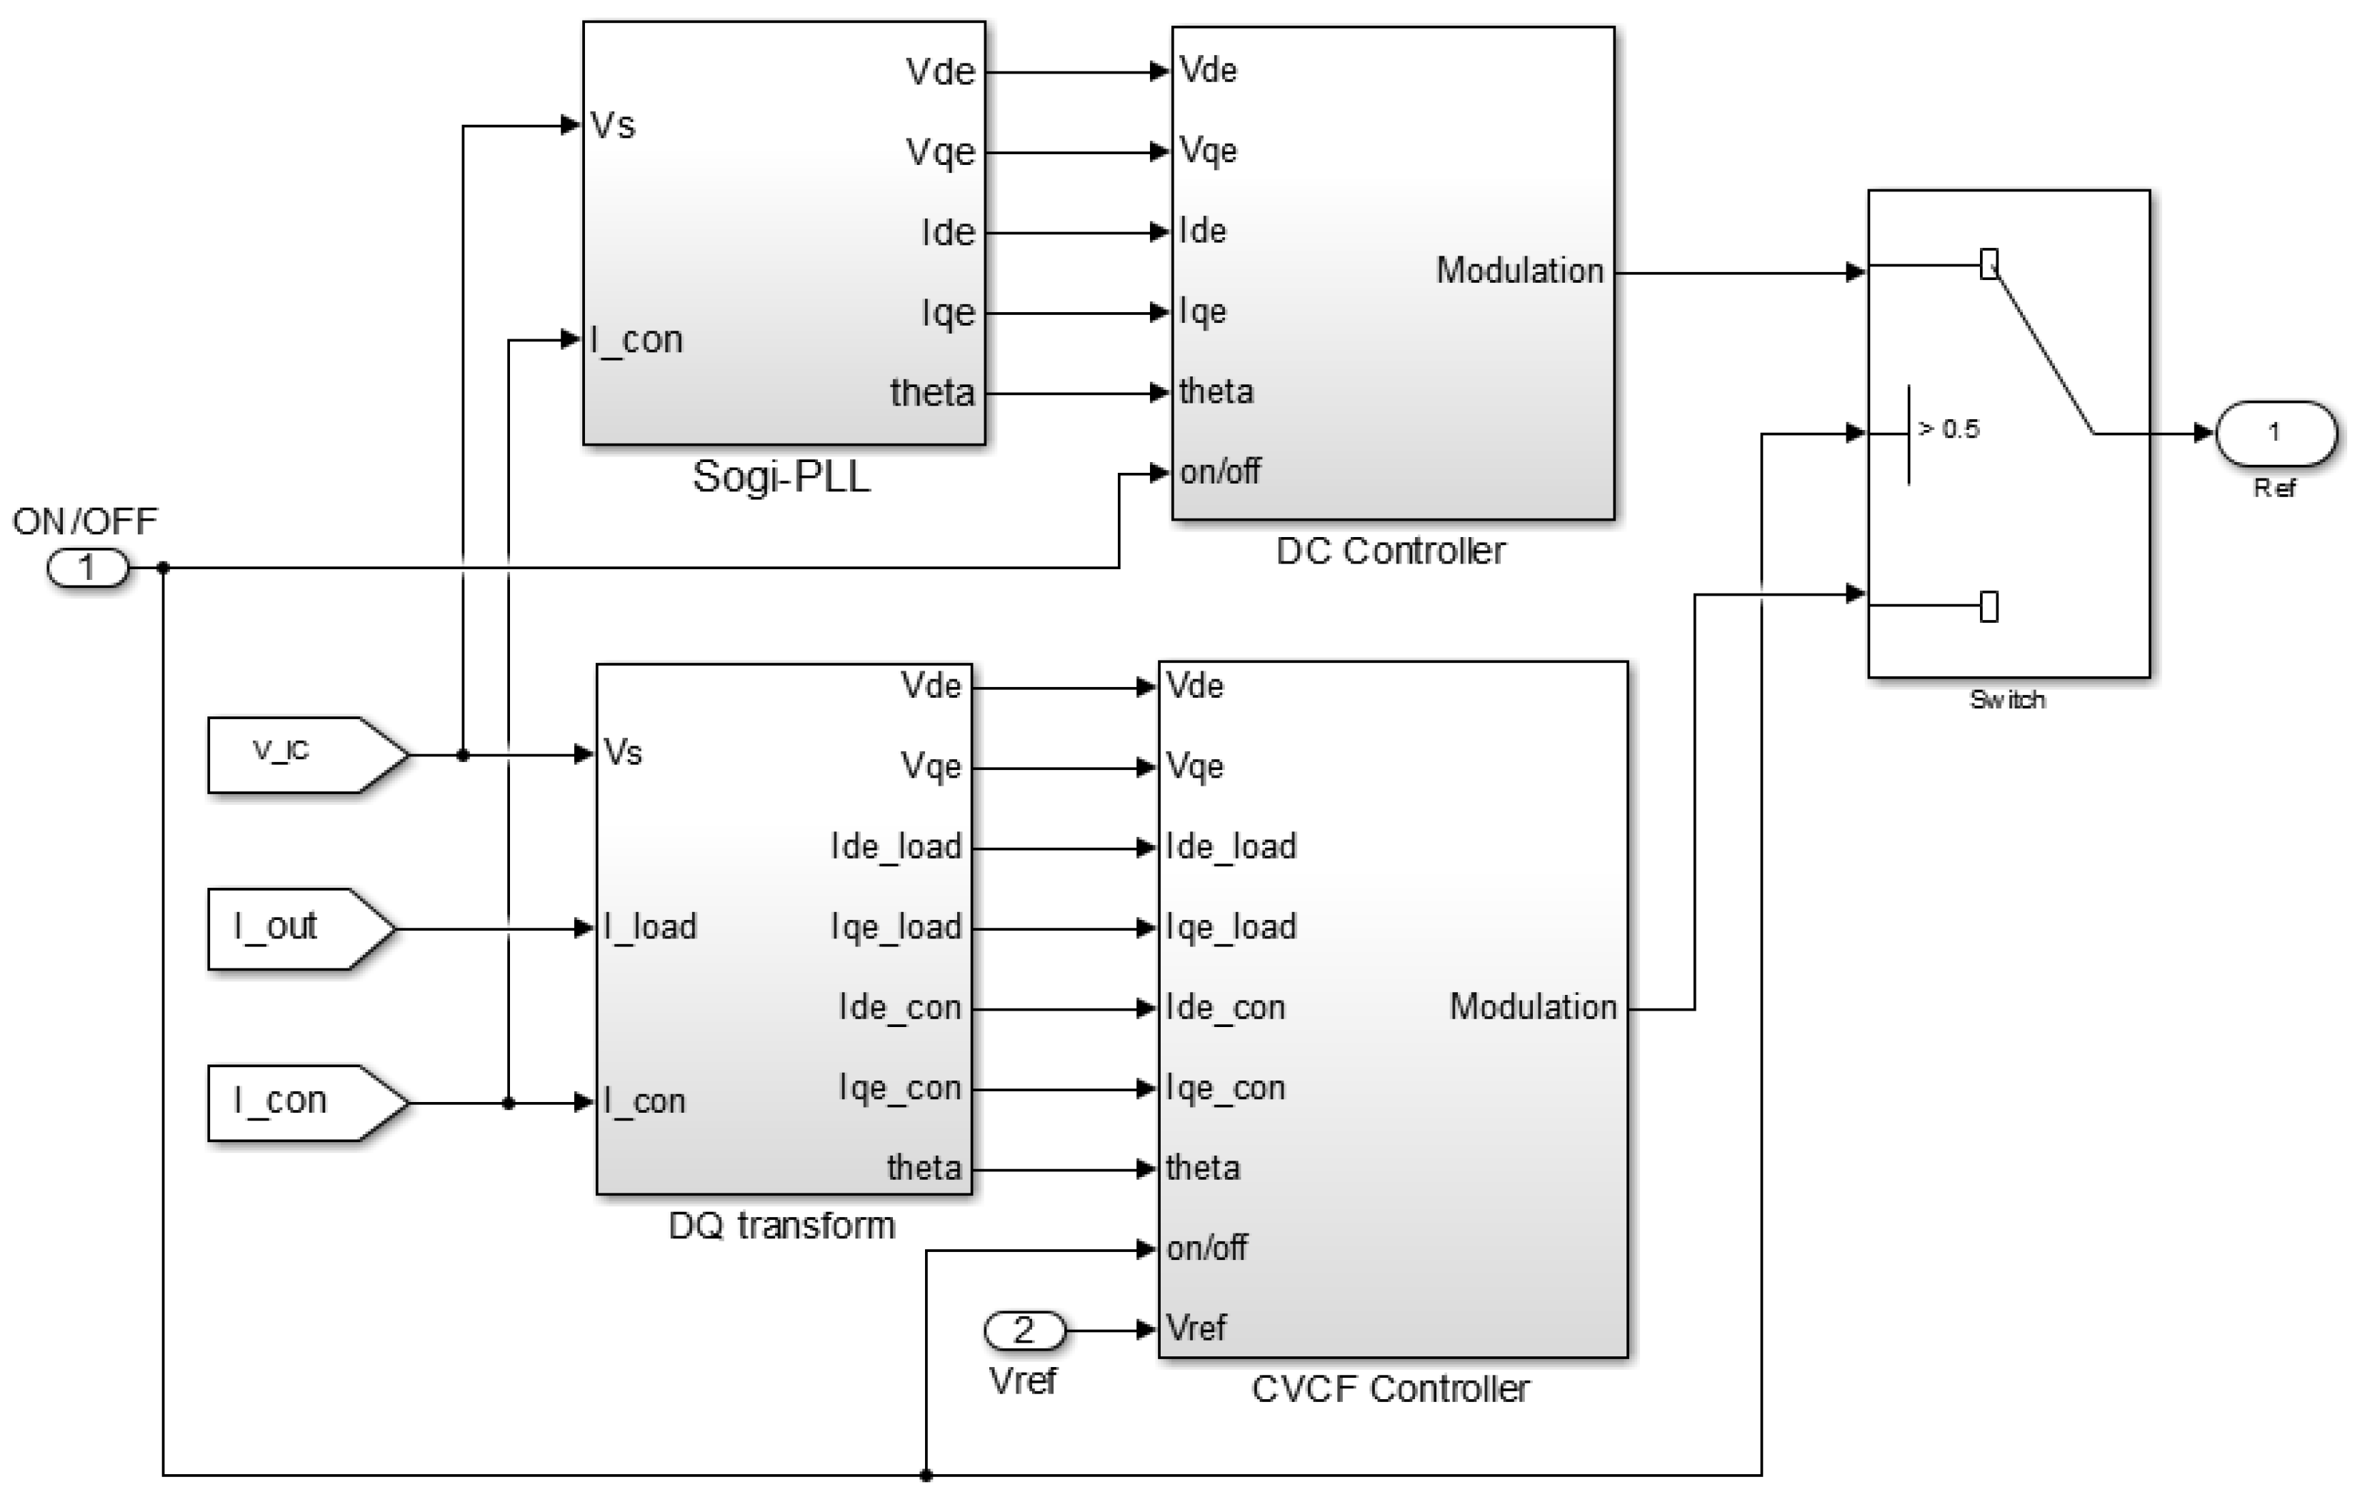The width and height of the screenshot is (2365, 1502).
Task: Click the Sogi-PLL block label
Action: pyautogui.click(x=781, y=477)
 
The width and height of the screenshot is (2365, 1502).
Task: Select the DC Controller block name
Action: pyautogui.click(x=1390, y=551)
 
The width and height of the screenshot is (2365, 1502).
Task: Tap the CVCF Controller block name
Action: pyautogui.click(x=1390, y=1389)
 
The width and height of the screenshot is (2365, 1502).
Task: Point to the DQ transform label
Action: pyautogui.click(x=781, y=1226)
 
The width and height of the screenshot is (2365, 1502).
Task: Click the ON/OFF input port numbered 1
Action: pyautogui.click(x=87, y=568)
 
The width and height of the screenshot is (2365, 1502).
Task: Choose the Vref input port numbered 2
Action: pyautogui.click(x=1024, y=1331)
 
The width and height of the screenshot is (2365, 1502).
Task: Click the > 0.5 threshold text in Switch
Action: pyautogui.click(x=1949, y=429)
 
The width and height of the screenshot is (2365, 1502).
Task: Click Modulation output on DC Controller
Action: pyautogui.click(x=1519, y=271)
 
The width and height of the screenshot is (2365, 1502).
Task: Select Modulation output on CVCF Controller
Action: pyautogui.click(x=1533, y=1007)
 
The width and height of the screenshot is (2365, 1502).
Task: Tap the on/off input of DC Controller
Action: pyautogui.click(x=1220, y=473)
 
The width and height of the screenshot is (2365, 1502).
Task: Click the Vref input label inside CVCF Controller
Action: pyautogui.click(x=1196, y=1329)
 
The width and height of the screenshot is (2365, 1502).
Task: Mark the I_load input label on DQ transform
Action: pyautogui.click(x=650, y=927)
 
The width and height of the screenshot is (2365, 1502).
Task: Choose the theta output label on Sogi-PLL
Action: pyautogui.click(x=932, y=393)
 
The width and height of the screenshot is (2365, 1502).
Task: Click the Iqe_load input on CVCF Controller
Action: pyautogui.click(x=1231, y=927)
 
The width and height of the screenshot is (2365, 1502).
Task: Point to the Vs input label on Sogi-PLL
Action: pyautogui.click(x=613, y=126)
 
